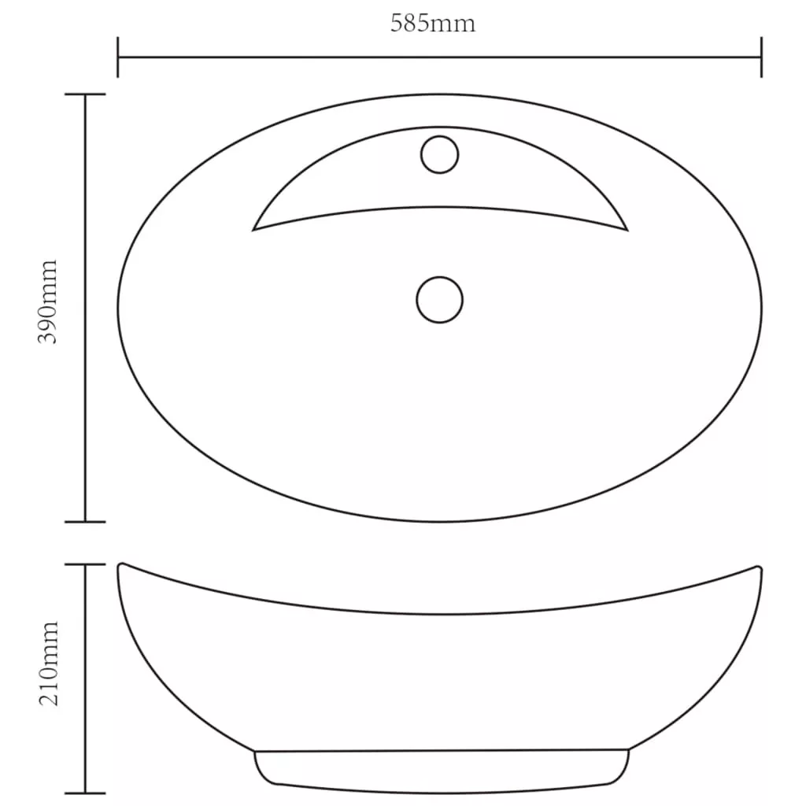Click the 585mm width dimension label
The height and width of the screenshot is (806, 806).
433,24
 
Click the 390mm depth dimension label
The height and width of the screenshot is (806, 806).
48,301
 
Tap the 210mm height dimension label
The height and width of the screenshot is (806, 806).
49,664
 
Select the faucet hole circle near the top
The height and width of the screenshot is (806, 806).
439,154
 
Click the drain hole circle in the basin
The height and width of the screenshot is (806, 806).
439,300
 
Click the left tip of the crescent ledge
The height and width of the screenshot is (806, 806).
253,231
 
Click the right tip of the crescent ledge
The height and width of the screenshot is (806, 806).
627,231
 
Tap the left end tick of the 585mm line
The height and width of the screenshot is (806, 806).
118,57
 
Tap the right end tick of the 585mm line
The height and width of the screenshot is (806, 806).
761,57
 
